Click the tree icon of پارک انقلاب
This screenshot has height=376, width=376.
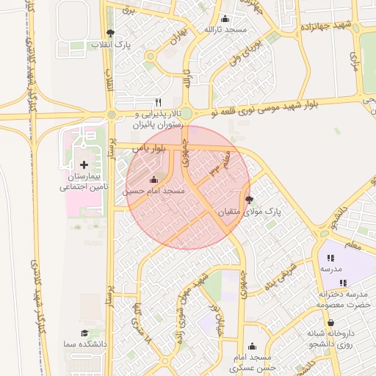pos(110,33)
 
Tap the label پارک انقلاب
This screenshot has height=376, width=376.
pos(112,45)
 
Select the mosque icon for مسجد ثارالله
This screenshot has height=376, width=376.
pos(225,18)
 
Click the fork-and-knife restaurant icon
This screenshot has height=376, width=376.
pos(158,103)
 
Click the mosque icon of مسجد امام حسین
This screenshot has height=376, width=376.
pos(153,180)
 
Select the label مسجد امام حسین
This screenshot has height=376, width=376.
pos(154,191)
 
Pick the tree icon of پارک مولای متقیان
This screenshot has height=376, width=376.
pos(249,200)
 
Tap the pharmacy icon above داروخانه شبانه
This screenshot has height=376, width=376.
pos(330,322)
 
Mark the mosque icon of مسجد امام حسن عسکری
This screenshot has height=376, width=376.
pos(253,346)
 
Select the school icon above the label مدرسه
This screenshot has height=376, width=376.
pos(330,258)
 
